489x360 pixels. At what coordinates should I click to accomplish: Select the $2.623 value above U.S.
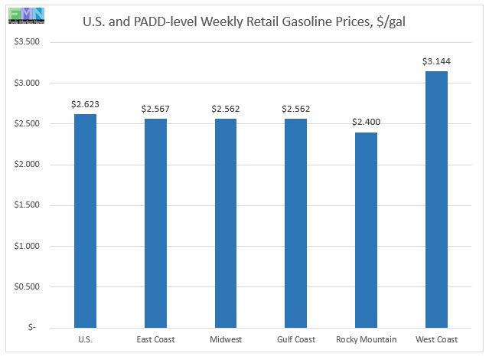(x=84, y=104)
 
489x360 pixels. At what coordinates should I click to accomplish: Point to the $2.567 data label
(x=155, y=109)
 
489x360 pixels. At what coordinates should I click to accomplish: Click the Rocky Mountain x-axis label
(x=365, y=339)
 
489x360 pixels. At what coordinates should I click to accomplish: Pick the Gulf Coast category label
(x=295, y=339)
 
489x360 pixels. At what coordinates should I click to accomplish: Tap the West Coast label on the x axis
(x=435, y=339)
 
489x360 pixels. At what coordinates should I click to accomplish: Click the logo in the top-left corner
(x=23, y=13)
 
